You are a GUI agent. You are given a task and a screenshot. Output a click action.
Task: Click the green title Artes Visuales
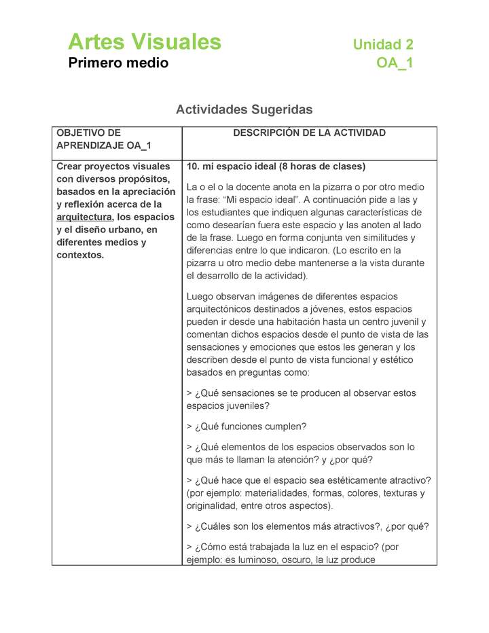[x=145, y=42]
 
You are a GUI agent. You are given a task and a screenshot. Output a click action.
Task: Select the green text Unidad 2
[x=382, y=45]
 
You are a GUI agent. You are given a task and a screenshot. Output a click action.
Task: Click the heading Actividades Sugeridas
[x=244, y=109]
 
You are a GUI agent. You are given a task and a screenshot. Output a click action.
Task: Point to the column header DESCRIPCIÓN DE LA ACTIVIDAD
[x=309, y=133]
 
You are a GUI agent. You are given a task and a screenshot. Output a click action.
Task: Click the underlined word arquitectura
[x=84, y=217]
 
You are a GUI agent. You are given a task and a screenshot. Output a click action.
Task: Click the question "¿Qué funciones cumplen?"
[x=247, y=427]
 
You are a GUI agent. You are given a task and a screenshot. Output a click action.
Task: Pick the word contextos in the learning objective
[x=79, y=256]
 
